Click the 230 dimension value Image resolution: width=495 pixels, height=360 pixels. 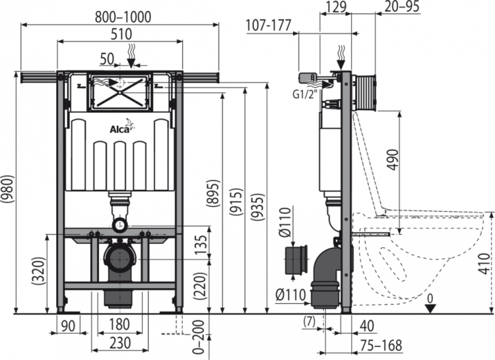click(119, 344)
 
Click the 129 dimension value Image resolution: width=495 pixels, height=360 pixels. click(337, 7)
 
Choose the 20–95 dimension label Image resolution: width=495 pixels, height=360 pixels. click(403, 7)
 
